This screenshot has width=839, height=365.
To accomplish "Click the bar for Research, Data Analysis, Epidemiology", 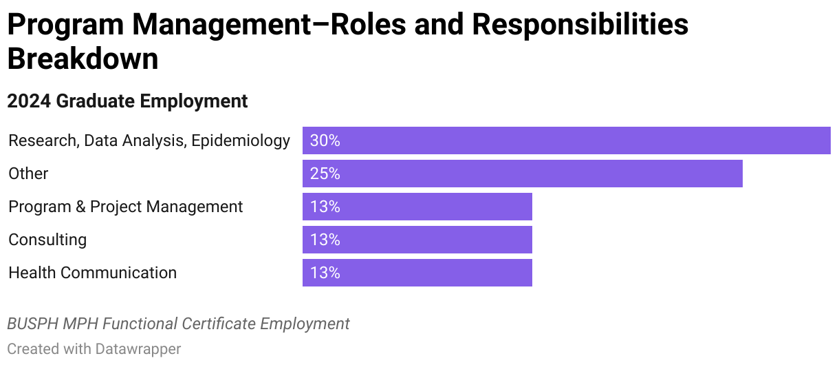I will pyautogui.click(x=566, y=140).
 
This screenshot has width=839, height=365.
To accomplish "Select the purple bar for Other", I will pyautogui.click(x=523, y=174).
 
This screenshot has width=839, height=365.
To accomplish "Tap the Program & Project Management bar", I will pyautogui.click(x=417, y=207).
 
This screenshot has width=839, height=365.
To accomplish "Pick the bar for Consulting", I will pyautogui.click(x=417, y=240).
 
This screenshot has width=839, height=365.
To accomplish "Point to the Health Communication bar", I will pyautogui.click(x=417, y=273).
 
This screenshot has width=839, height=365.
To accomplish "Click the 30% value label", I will pyautogui.click(x=325, y=140).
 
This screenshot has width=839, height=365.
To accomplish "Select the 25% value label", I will pyautogui.click(x=325, y=174).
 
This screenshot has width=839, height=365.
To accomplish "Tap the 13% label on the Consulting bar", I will pyautogui.click(x=325, y=240).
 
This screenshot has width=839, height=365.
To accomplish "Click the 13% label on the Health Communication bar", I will pyautogui.click(x=325, y=273).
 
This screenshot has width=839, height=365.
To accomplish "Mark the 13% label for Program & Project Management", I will pyautogui.click(x=325, y=207).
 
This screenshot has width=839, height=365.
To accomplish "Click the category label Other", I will pyautogui.click(x=28, y=174).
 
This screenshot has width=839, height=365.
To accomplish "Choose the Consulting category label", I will pyautogui.click(x=47, y=240).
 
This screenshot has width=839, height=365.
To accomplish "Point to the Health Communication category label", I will pyautogui.click(x=92, y=273).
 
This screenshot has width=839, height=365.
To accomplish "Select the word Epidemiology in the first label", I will pyautogui.click(x=241, y=141).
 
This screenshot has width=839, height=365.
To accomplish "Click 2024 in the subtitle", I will pyautogui.click(x=29, y=101).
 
